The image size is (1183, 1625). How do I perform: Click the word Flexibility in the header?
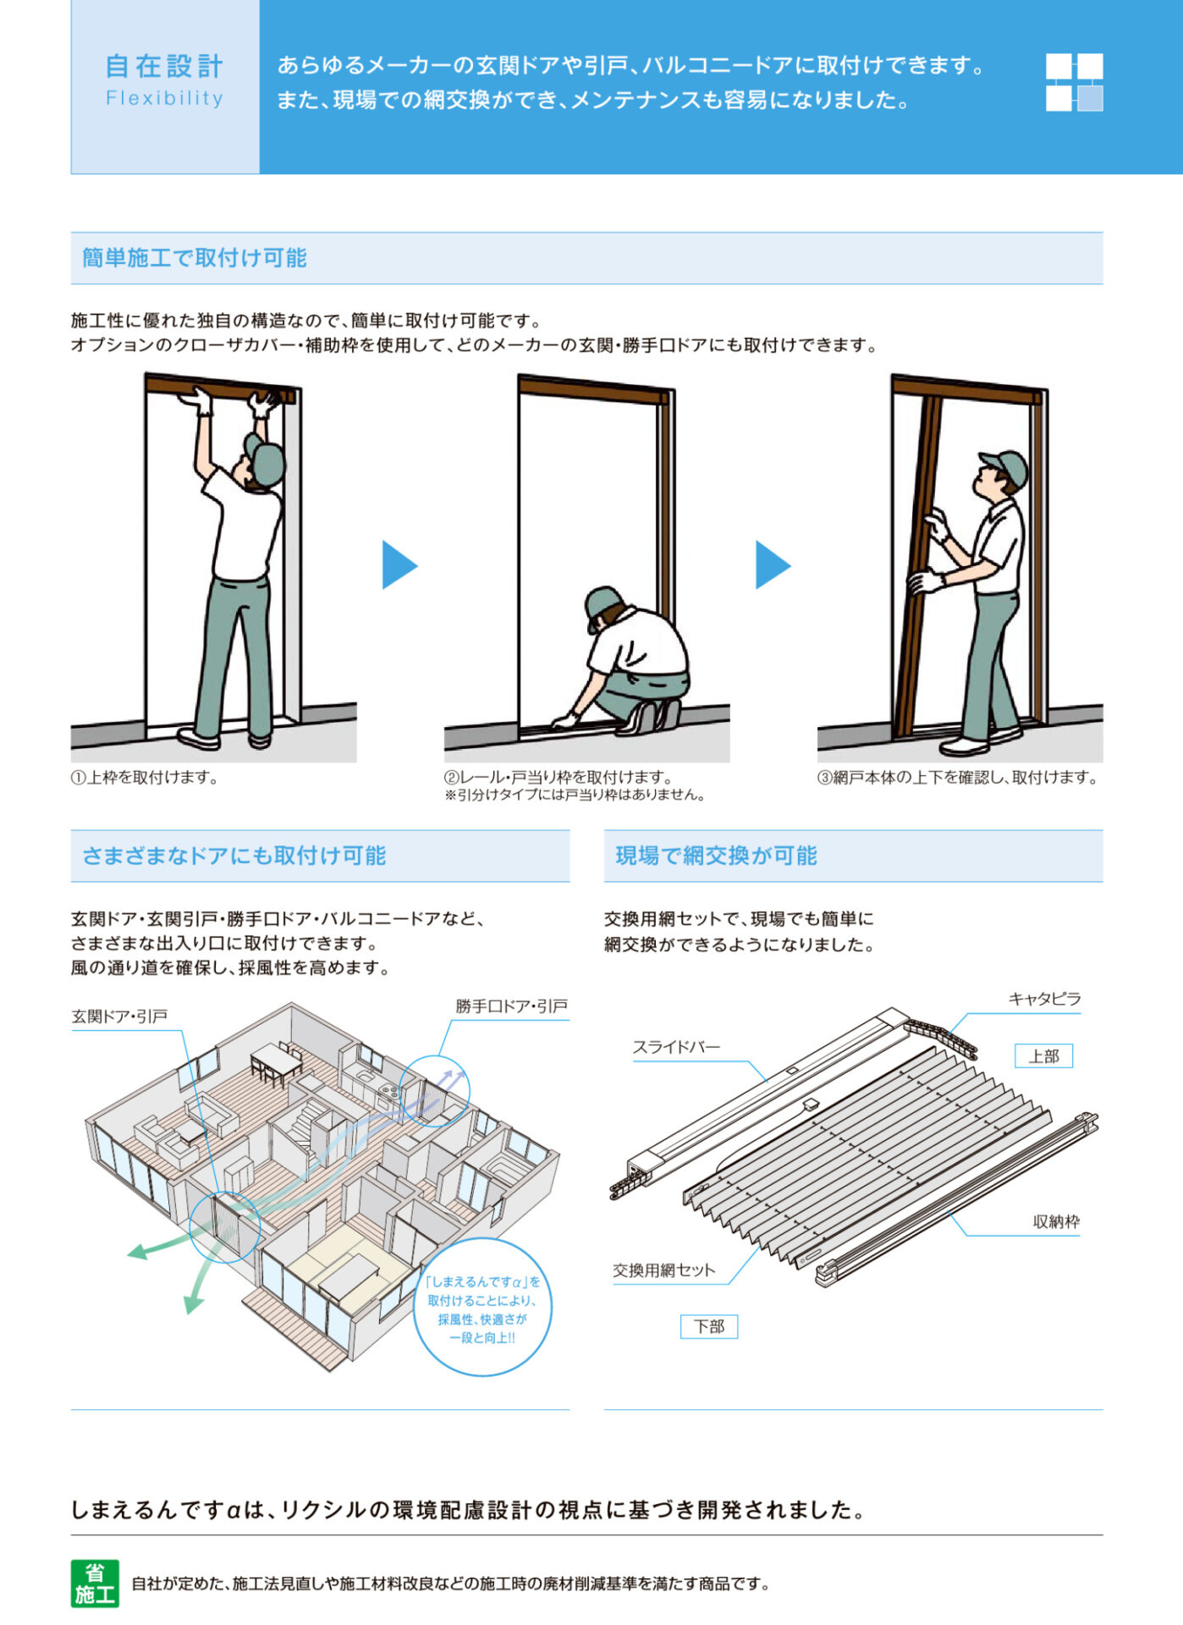click(164, 98)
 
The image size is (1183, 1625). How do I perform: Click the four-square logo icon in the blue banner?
click(1074, 82)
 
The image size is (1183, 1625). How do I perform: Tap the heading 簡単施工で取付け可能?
click(194, 257)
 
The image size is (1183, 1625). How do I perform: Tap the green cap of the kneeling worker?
click(603, 602)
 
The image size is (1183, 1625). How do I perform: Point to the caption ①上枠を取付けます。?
click(145, 777)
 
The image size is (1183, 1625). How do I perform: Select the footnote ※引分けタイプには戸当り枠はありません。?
click(575, 795)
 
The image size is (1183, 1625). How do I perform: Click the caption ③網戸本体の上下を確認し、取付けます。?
click(959, 777)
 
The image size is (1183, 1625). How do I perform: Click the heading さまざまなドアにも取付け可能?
click(234, 855)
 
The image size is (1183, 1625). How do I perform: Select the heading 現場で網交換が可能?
click(716, 855)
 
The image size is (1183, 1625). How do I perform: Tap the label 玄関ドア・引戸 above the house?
click(119, 1016)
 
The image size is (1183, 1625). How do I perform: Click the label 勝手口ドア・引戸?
click(511, 1005)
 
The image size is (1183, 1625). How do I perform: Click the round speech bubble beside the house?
click(482, 1308)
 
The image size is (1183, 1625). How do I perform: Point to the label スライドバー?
click(676, 1047)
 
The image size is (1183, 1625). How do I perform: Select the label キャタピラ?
click(1044, 999)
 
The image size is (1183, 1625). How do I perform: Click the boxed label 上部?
click(1043, 1055)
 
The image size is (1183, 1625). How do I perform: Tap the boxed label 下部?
click(709, 1326)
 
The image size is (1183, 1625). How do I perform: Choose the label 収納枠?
click(1055, 1221)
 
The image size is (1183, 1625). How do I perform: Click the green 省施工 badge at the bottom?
click(95, 1584)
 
